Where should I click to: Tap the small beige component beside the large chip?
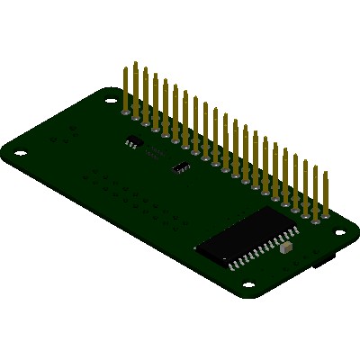[x=286, y=245]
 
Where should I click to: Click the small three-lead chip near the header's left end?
[x=132, y=141]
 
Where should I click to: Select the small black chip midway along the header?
[x=182, y=166]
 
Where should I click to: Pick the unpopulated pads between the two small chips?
[x=155, y=153]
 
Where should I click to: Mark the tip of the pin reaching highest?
[x=135, y=63]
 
